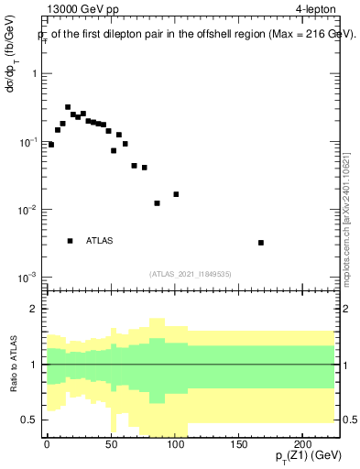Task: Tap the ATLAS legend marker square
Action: pos(71,241)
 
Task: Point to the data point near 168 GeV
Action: pos(261,243)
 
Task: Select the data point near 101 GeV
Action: pos(176,194)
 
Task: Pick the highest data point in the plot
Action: pos(68,107)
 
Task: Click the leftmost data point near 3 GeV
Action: pos(51,145)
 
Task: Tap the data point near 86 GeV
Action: pos(157,203)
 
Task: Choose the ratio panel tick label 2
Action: pos(35,309)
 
